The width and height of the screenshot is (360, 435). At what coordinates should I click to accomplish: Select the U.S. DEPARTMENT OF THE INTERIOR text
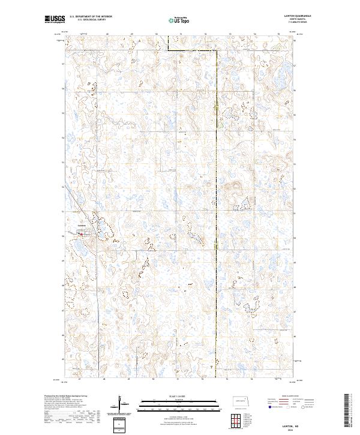91,17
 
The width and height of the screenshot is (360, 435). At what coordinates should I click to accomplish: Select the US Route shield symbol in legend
287,407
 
